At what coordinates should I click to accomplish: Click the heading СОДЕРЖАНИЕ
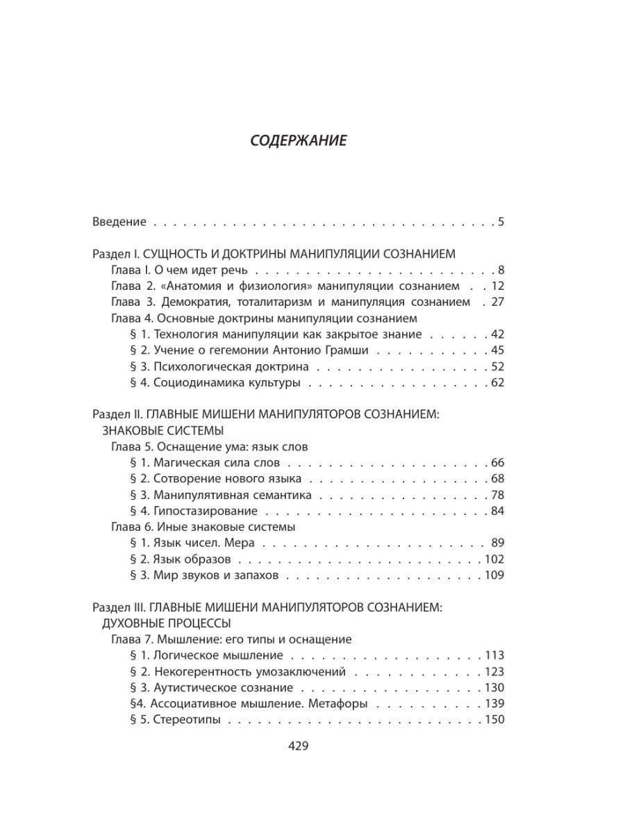[298, 140]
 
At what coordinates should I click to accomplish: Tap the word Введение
[119, 222]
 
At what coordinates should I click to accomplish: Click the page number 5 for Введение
[500, 222]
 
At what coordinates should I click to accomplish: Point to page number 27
[496, 302]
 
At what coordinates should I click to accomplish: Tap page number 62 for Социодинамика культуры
[496, 382]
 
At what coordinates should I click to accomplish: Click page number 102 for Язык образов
[492, 559]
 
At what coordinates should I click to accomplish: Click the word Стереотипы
[187, 719]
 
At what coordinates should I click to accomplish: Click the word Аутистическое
[195, 687]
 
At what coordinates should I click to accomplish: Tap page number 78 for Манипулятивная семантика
[496, 495]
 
